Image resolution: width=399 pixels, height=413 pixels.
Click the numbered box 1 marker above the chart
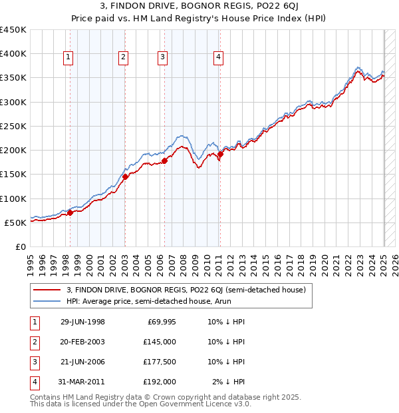(68, 58)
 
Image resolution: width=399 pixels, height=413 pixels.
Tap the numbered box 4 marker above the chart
(218, 58)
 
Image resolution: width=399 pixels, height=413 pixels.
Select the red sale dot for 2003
(125, 177)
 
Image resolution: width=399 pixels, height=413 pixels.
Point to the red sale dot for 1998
(70, 213)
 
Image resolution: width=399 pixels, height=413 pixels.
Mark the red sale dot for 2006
(164, 161)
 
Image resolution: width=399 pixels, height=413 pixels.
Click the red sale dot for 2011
(220, 155)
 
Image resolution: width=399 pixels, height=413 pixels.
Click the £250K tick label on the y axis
(13, 126)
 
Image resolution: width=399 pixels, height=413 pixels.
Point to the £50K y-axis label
(16, 222)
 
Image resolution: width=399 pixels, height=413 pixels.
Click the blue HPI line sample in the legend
(47, 302)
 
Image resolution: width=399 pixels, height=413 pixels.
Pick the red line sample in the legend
(47, 290)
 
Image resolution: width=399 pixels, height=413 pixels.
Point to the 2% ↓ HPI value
(229, 382)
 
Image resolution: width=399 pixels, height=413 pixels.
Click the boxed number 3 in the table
(34, 362)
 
